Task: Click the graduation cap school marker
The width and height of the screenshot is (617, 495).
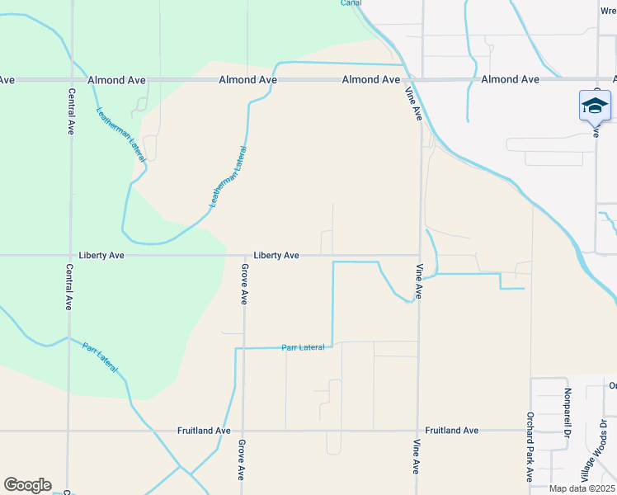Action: pos(595,106)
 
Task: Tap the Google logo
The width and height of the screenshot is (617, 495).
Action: pos(27,485)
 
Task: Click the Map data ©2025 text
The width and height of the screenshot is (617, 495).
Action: pos(582,488)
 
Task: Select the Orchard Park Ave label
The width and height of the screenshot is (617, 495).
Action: pos(530,447)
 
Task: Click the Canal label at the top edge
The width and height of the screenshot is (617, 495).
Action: pos(352,2)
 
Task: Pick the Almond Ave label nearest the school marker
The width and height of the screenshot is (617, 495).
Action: pos(510,79)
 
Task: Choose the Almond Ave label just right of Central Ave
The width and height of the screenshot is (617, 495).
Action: pos(117,80)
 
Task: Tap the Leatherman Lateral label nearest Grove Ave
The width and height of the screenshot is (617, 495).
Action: pos(228,177)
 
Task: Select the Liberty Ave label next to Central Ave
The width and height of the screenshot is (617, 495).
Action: pos(101,256)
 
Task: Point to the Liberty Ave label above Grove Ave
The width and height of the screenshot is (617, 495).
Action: pos(276,256)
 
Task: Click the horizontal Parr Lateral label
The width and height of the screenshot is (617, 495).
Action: pos(303,347)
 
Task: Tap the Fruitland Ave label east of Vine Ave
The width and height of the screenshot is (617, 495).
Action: pos(451,431)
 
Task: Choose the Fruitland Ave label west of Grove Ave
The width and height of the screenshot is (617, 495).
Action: pos(203,431)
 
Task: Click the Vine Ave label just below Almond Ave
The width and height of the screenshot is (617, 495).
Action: pos(413,106)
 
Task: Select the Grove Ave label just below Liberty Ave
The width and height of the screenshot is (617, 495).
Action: pos(244,284)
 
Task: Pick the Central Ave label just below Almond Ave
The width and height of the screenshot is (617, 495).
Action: pos(71,116)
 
